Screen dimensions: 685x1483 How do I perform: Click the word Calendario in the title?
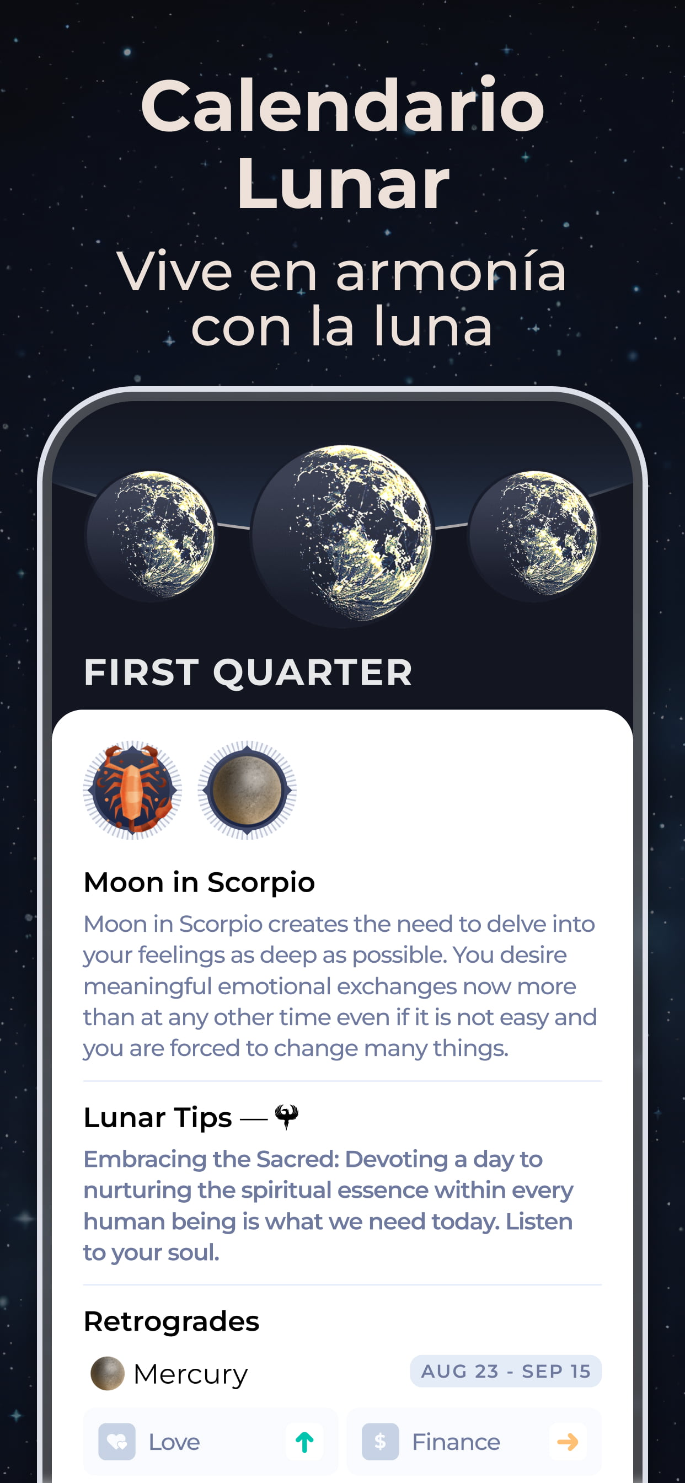coord(342,106)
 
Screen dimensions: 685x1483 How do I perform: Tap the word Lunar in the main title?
coord(342,184)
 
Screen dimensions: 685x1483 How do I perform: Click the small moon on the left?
coord(151,535)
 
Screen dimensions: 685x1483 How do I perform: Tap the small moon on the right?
coord(534,535)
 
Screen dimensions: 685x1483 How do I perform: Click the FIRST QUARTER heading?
coord(248,673)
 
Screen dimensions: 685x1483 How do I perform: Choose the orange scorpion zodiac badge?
coord(132,790)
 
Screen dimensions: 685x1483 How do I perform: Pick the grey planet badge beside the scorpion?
coord(247,790)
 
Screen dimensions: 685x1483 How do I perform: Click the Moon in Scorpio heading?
coord(199,883)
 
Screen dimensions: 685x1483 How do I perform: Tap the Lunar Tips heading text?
coord(158,1117)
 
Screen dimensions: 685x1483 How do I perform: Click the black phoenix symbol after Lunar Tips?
coord(287,1117)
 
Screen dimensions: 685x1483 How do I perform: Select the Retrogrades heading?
coord(172,1321)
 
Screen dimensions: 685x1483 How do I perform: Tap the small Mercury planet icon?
coord(108,1374)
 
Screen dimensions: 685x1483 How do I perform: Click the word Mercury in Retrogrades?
coord(190,1375)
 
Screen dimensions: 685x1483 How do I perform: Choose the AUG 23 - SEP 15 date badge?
coord(506,1372)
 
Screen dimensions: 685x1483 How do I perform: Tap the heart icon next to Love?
coord(117,1442)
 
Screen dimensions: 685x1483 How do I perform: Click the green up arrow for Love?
coord(304,1442)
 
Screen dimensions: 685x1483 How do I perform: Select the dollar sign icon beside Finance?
coord(380,1442)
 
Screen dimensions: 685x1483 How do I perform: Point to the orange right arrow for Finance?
coord(568,1442)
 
